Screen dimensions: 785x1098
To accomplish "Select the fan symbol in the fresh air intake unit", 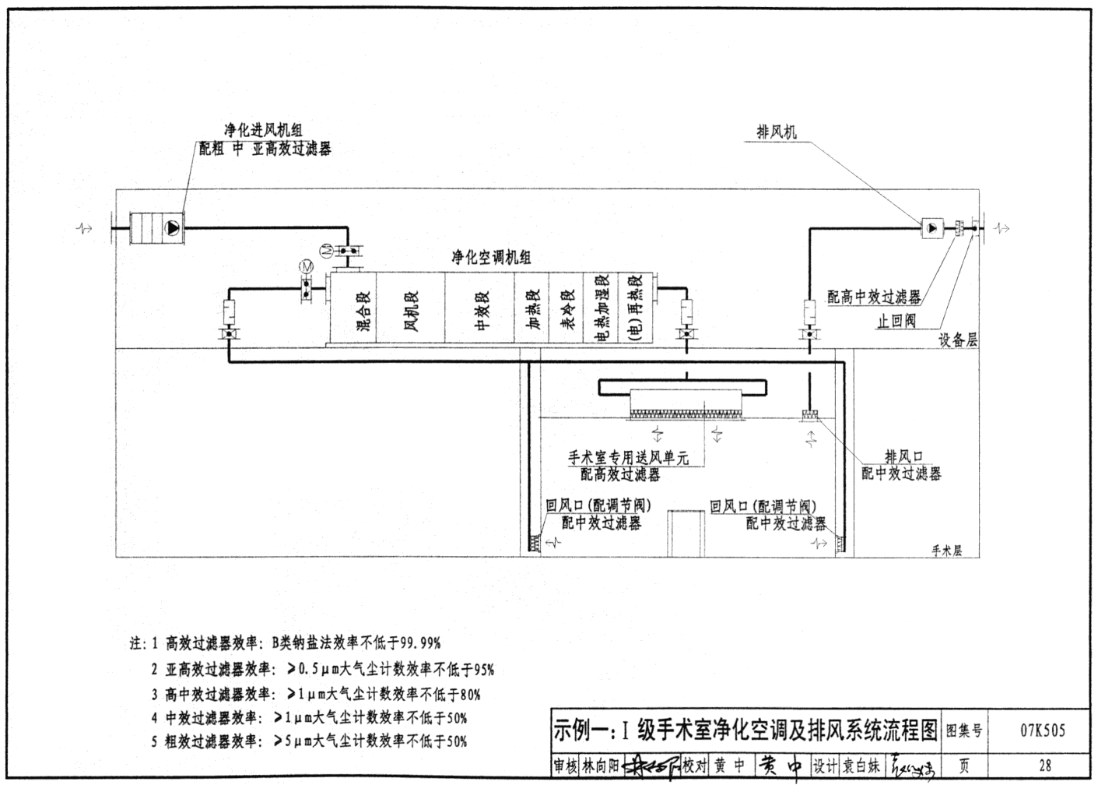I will pyautogui.click(x=171, y=227).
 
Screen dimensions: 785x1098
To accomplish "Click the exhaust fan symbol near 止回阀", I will pyautogui.click(x=931, y=228).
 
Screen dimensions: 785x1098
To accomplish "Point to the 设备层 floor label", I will pyautogui.click(x=957, y=340).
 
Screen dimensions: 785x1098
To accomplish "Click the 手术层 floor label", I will pyautogui.click(x=946, y=551).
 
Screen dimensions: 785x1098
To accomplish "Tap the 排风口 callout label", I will pyautogui.click(x=903, y=456).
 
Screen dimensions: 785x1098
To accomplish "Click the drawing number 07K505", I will pyautogui.click(x=1042, y=731).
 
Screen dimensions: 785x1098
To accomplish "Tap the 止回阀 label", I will pyautogui.click(x=896, y=321).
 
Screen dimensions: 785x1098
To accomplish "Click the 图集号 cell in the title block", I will pyautogui.click(x=963, y=731).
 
